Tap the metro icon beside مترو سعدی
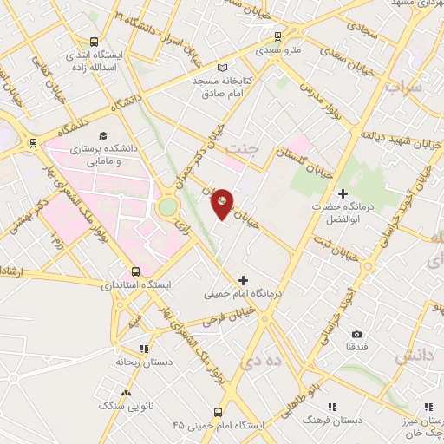pyautogui.click(x=277, y=37)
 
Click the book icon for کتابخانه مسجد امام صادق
pyautogui.click(x=223, y=67)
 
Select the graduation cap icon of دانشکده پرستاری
pyautogui.click(x=103, y=136)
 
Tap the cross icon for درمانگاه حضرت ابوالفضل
pyautogui.click(x=343, y=193)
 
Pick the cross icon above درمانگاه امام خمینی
pyautogui.click(x=243, y=280)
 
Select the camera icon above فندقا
pyautogui.click(x=356, y=333)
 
